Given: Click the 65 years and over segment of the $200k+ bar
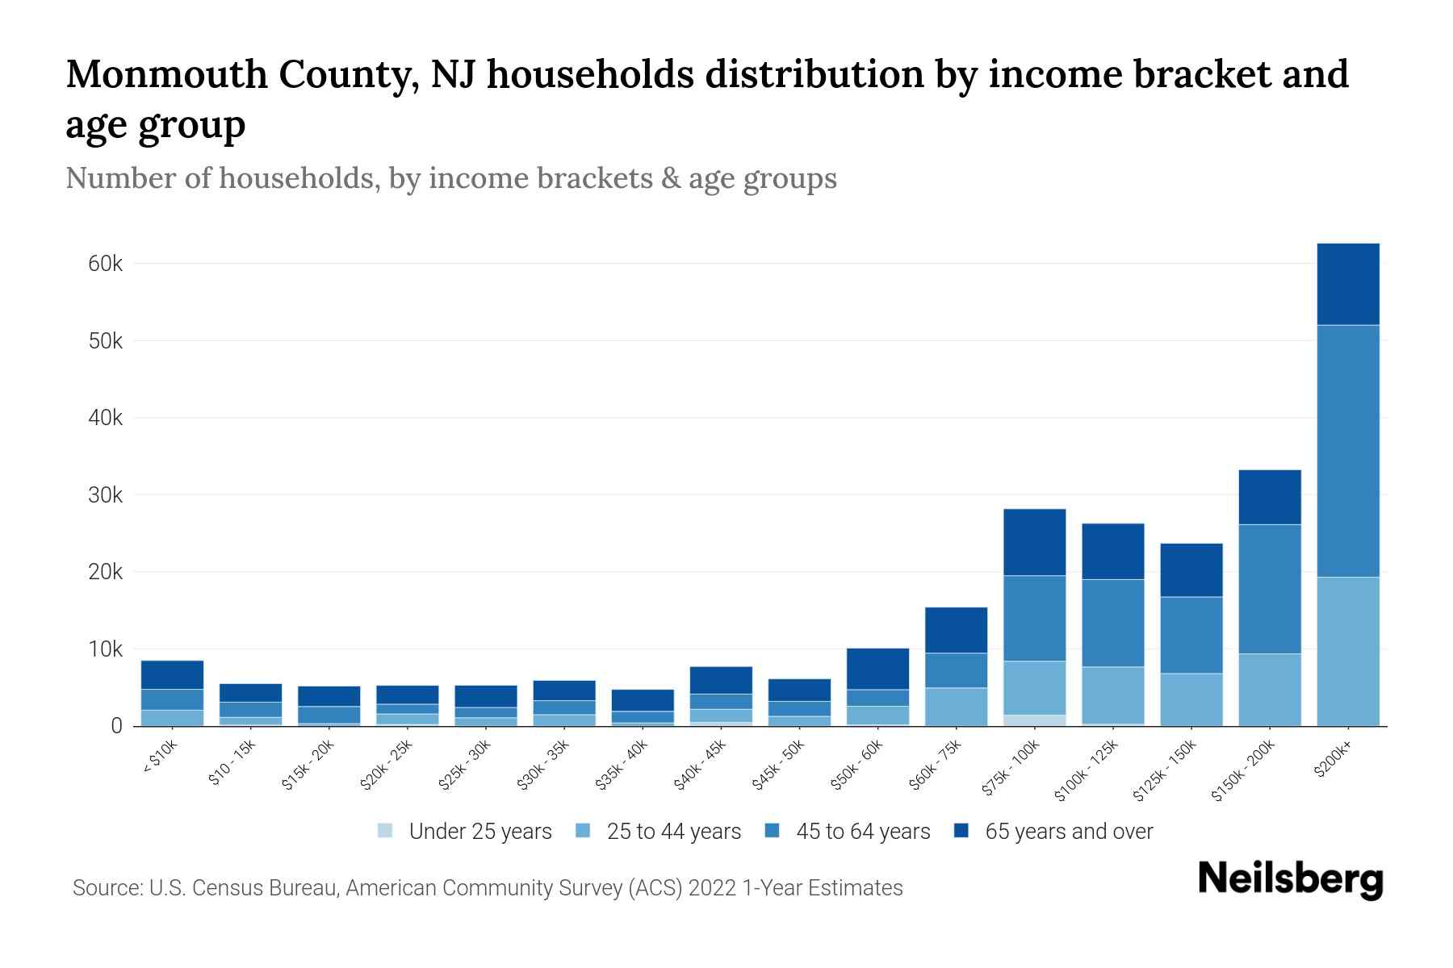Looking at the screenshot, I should (1347, 284).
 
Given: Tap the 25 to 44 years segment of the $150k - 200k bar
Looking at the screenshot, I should (1269, 690).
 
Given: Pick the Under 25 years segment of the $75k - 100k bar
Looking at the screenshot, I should (1034, 720).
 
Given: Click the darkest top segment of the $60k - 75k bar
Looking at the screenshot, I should (956, 630).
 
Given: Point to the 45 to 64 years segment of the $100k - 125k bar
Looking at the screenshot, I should (1112, 623).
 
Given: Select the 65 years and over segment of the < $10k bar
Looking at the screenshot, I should (172, 674).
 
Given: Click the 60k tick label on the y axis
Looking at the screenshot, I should (105, 264).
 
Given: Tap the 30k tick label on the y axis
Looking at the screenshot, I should (105, 495).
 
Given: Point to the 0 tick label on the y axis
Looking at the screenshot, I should (117, 726).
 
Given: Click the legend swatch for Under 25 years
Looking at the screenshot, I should (386, 831).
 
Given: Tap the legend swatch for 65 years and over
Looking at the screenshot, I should (961, 831).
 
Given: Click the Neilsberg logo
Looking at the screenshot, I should (1290, 879).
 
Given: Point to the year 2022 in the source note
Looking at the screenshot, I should (713, 888).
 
